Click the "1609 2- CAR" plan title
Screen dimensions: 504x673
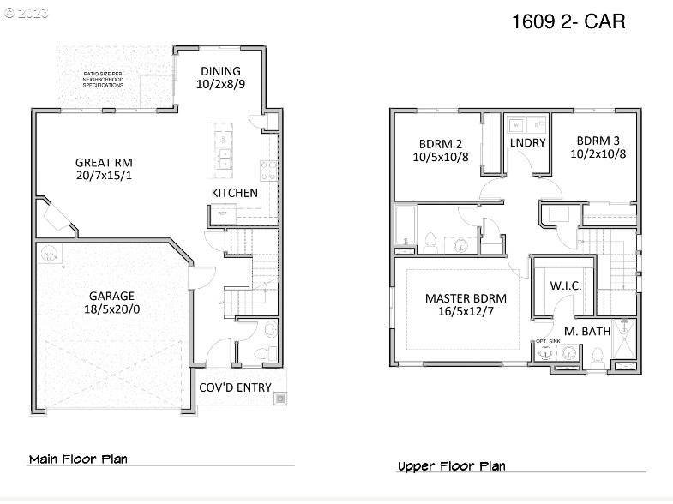point(568,21)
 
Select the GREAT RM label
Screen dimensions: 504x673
point(104,162)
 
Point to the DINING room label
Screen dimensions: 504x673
point(220,71)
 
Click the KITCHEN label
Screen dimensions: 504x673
point(234,193)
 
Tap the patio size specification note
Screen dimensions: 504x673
point(104,80)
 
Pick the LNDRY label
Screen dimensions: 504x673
point(527,142)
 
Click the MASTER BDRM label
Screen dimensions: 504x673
point(466,298)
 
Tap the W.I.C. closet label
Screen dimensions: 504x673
point(565,285)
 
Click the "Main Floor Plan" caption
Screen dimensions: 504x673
point(78,459)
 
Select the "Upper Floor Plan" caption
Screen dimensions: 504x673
point(451,466)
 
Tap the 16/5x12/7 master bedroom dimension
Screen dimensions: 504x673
point(466,312)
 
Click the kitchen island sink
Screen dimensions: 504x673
point(225,155)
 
